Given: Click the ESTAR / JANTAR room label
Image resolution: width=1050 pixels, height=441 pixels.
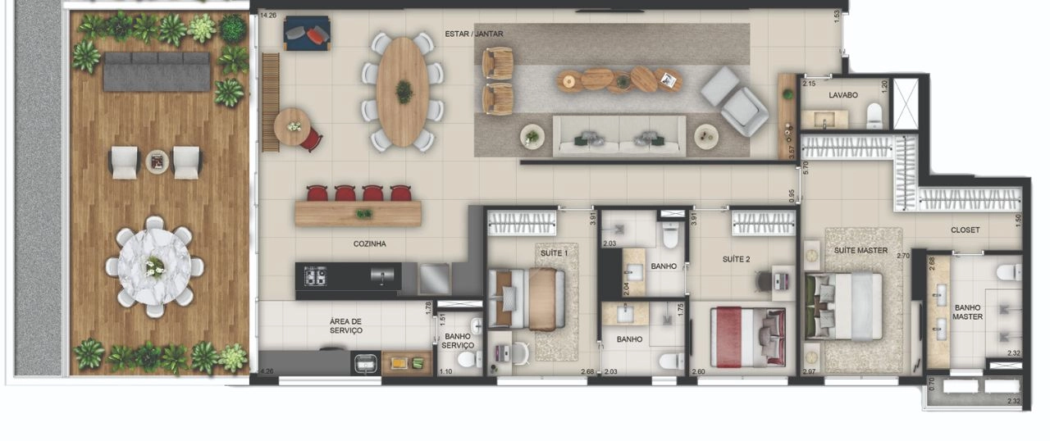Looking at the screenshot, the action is click(474, 34).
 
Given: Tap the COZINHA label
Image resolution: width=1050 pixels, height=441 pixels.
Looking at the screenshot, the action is click(369, 244).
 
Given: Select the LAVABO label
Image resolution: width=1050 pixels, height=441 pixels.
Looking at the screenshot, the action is click(842, 95).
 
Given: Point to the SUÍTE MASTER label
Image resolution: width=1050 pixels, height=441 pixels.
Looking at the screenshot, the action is click(861, 251).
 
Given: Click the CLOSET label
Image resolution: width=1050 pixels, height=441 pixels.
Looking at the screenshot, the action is click(966, 230).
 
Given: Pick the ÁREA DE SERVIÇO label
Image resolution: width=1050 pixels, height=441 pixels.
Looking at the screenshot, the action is click(345, 326).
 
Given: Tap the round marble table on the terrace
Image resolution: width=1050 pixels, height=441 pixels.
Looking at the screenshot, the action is click(154, 266).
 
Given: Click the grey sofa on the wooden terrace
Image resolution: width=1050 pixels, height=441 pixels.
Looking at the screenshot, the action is click(157, 71).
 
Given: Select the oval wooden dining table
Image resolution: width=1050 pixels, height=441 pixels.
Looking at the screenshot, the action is click(403, 91).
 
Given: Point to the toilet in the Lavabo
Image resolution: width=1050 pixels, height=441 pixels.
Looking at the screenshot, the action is click(874, 116).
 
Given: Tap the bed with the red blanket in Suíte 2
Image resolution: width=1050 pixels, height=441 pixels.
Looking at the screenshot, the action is click(748, 337).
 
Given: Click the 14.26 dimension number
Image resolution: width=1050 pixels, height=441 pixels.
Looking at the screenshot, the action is click(268, 15).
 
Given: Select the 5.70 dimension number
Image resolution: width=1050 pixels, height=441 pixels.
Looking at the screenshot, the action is click(806, 168).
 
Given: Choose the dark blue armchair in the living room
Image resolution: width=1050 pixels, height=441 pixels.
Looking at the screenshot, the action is click(307, 34).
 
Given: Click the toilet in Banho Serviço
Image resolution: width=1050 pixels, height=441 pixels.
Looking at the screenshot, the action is click(469, 360).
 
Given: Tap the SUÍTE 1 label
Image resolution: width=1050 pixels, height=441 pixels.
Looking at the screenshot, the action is click(554, 253).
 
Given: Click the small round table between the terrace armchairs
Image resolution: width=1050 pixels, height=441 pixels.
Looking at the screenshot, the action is click(157, 162).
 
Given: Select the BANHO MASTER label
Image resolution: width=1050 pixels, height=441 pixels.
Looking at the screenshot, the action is click(967, 312).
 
